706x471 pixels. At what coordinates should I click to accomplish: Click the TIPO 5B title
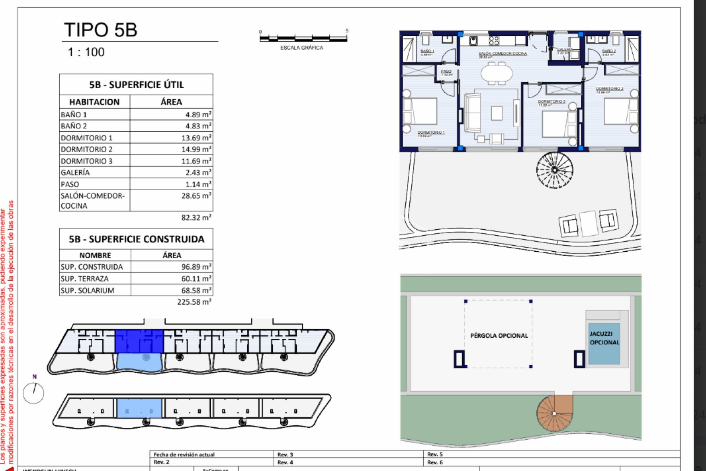click(101, 30)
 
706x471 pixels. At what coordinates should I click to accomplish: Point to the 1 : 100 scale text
click(86, 52)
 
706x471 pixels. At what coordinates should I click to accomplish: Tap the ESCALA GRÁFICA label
click(302, 48)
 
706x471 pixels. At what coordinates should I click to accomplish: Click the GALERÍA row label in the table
click(75, 172)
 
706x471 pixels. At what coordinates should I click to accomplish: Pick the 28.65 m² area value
click(196, 196)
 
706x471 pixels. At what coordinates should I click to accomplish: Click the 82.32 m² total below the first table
click(196, 217)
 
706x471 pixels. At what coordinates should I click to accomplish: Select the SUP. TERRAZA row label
click(85, 279)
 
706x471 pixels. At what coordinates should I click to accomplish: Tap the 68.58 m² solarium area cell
click(196, 290)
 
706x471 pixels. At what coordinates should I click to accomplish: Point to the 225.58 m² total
click(194, 302)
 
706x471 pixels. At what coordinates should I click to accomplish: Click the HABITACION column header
click(95, 102)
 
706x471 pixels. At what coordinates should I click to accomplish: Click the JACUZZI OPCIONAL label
click(604, 338)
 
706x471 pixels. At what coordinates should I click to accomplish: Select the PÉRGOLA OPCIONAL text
click(499, 336)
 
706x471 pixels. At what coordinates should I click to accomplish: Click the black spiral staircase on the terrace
click(555, 170)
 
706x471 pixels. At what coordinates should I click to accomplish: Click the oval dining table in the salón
click(496, 73)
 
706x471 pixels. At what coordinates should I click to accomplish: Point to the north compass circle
click(33, 393)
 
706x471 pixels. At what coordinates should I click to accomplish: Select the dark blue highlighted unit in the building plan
click(139, 341)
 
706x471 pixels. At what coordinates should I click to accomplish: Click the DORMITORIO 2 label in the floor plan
click(609, 89)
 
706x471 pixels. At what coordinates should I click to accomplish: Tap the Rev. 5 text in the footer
click(435, 454)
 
